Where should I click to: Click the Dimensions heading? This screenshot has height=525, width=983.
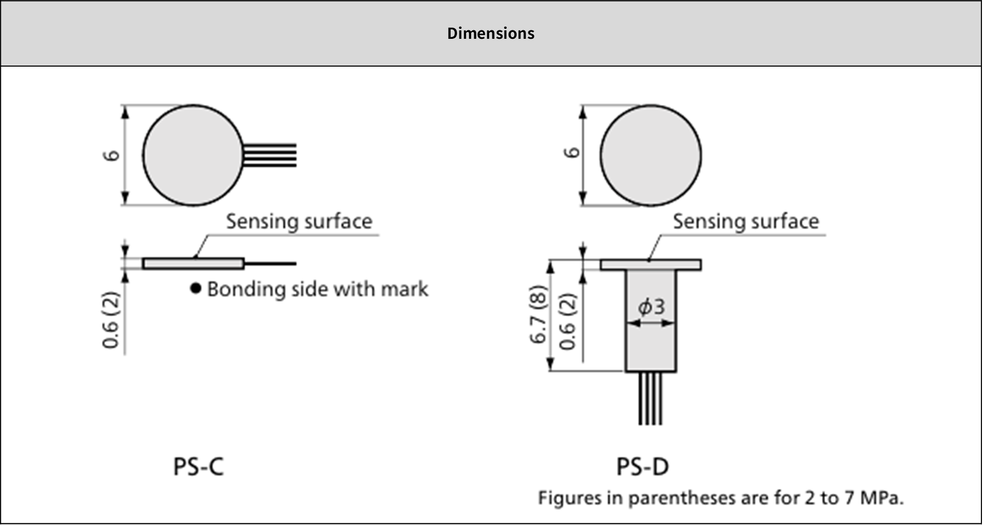490,33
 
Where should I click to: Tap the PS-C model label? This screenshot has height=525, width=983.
198,466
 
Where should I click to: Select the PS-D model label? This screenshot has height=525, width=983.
642,466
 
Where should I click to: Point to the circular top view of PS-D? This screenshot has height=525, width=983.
650,155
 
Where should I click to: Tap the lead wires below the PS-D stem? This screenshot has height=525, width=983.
650,399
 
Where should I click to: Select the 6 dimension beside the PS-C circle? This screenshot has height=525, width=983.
112,155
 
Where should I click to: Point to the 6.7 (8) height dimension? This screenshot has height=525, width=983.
539,315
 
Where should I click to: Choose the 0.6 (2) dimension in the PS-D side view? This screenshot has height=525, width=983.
569,321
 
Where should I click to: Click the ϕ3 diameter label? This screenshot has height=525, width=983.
651,306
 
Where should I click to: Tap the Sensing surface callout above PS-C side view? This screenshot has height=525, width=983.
299,221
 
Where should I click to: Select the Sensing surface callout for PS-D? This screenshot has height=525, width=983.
745,221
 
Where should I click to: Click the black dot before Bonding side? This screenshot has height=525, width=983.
196,288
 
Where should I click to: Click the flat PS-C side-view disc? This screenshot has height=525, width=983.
193,263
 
